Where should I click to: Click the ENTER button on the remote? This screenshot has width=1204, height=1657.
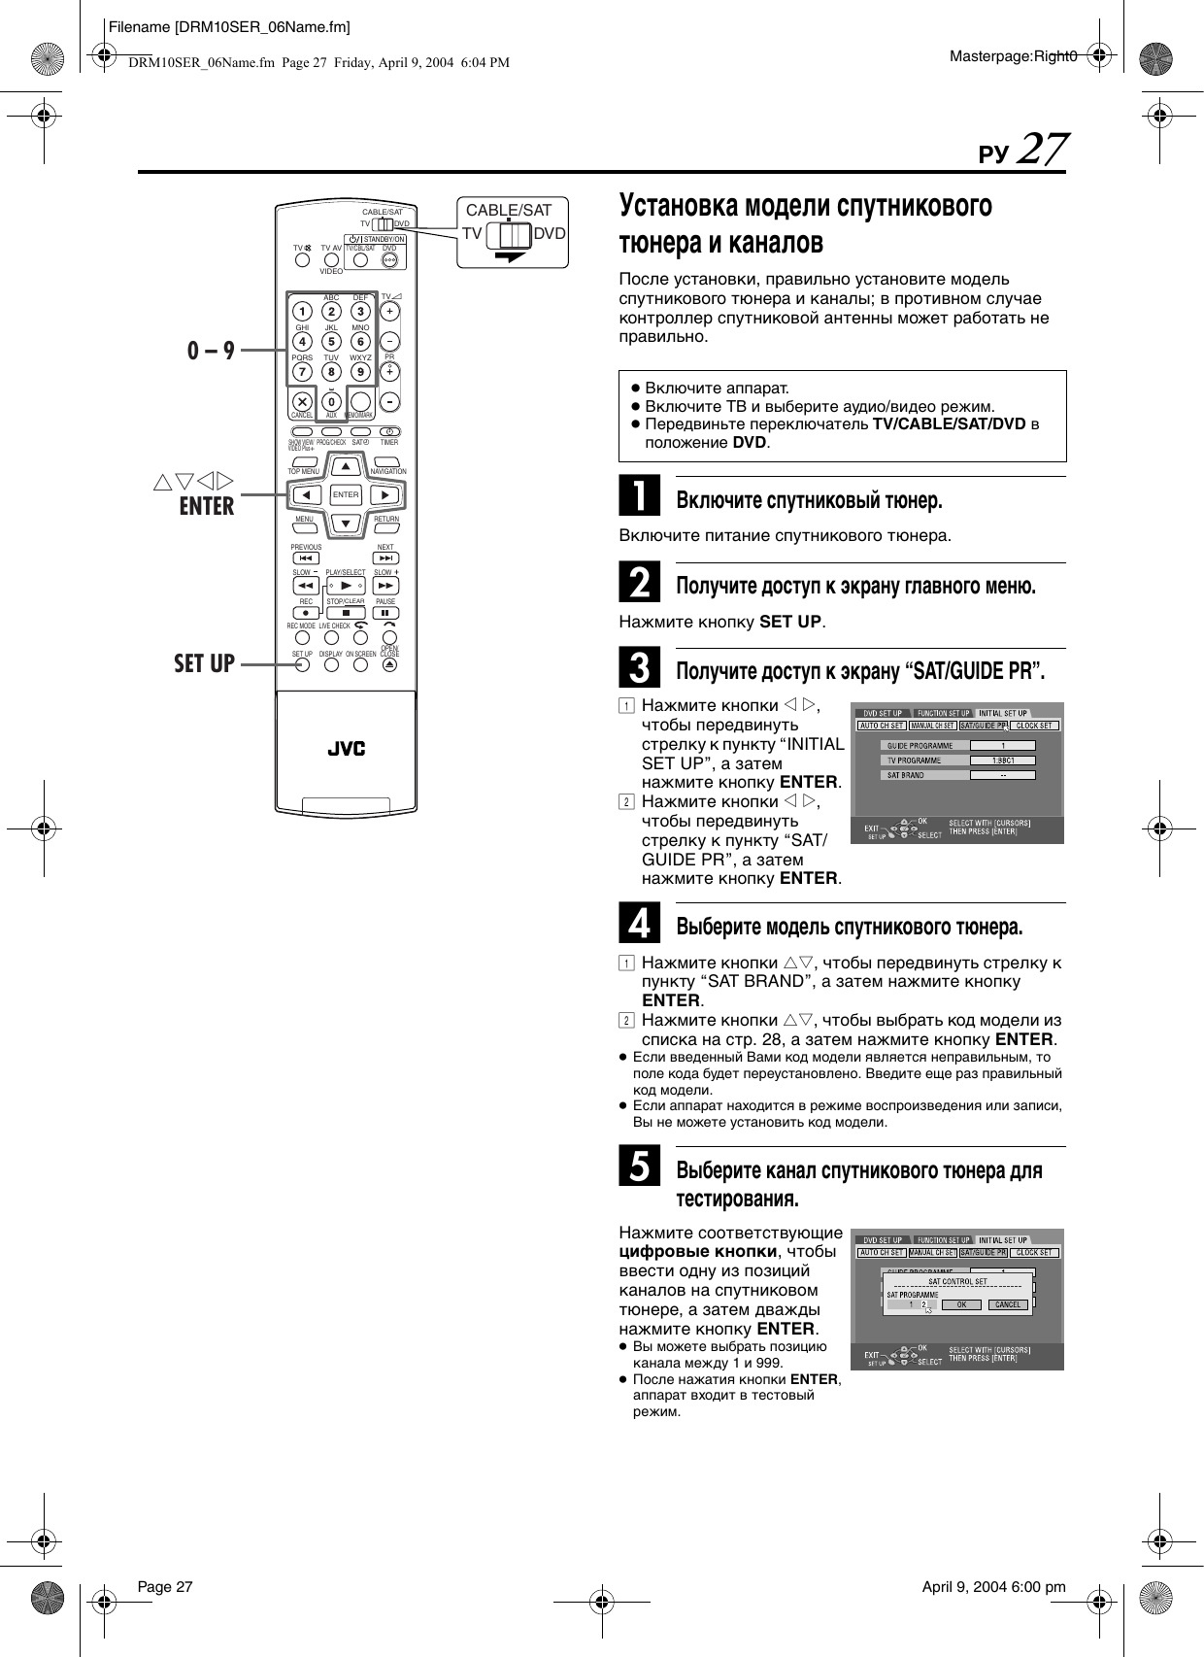click(x=346, y=494)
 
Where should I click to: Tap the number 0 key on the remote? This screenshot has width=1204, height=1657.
click(x=332, y=401)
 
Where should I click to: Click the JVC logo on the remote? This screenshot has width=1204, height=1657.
click(x=346, y=749)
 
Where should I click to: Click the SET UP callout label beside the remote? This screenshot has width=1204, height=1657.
click(x=204, y=663)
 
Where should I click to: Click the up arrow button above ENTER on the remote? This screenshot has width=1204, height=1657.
click(x=346, y=466)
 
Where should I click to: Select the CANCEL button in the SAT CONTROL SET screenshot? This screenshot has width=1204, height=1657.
click(x=1008, y=1304)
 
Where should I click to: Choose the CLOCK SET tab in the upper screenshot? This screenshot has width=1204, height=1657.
click(x=1035, y=726)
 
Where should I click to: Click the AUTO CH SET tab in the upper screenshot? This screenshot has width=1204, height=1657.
click(x=883, y=726)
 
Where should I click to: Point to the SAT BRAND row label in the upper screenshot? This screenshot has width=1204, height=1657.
click(x=905, y=775)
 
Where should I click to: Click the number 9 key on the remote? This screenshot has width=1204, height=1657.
click(x=361, y=372)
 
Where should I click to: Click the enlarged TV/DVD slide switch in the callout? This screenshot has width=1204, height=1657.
click(x=509, y=234)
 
